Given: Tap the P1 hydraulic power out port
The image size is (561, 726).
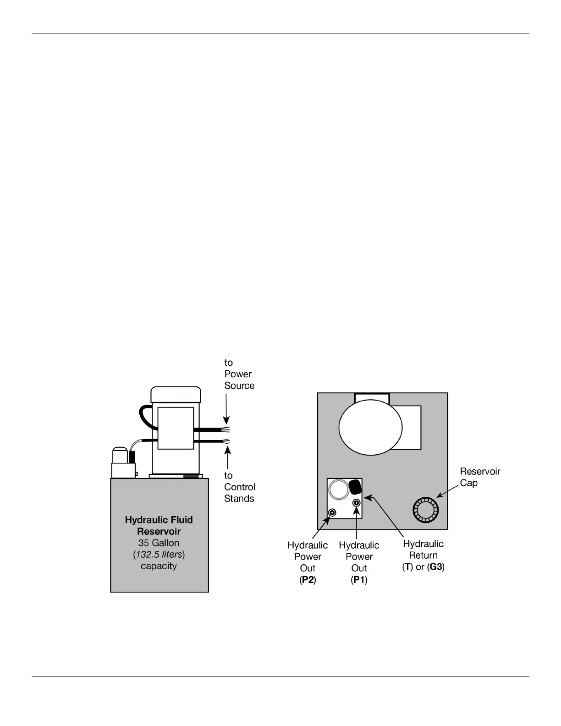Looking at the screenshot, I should pos(356,503).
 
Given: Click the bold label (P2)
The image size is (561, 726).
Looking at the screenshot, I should pos(308,580).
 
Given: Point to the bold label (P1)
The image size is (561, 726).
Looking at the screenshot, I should pos(359,580).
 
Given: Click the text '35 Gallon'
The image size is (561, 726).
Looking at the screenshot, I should pos(159,543).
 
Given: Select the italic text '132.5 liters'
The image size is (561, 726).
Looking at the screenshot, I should pos(159,555).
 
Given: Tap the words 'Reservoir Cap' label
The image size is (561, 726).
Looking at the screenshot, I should pos(479,477).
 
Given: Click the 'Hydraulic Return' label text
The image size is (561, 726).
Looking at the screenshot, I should pos(423,550).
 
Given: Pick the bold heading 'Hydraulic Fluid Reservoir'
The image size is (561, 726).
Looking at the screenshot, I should pos(159,526).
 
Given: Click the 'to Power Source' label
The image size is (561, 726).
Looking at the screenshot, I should pos(239,374).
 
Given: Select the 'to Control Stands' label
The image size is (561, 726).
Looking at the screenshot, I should pos(239,487).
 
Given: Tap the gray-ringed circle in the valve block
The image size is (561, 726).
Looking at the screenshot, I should pos(339,489).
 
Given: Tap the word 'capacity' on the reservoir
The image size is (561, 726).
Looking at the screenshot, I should pos(159,566).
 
